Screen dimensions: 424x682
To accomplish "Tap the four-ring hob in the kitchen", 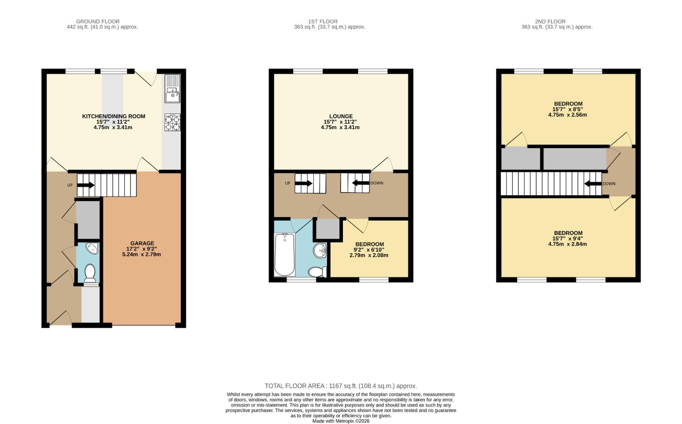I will click(172, 122).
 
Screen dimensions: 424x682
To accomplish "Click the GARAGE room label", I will click(142, 243).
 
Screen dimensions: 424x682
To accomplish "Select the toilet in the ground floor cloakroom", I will click(90, 272).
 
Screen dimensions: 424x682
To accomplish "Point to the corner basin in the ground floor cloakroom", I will click(93, 249).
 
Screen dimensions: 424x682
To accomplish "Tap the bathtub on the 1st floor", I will click(284, 254).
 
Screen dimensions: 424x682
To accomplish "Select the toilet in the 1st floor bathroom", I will click(317, 272).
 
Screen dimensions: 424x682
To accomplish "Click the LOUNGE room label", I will click(341, 116).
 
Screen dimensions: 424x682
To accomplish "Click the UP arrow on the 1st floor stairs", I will click(304, 183).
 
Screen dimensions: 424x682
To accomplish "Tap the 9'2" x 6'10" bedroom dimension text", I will click(368, 250).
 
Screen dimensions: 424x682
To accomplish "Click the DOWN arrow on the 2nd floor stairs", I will click(593, 183).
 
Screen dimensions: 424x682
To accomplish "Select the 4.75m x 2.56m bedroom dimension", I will click(567, 115).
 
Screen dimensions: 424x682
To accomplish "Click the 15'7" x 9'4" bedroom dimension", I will click(567, 238).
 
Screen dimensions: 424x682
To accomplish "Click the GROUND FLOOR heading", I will click(98, 22).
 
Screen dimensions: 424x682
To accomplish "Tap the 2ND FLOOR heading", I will click(550, 22).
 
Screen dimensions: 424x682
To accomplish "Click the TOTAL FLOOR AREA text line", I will click(341, 386).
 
